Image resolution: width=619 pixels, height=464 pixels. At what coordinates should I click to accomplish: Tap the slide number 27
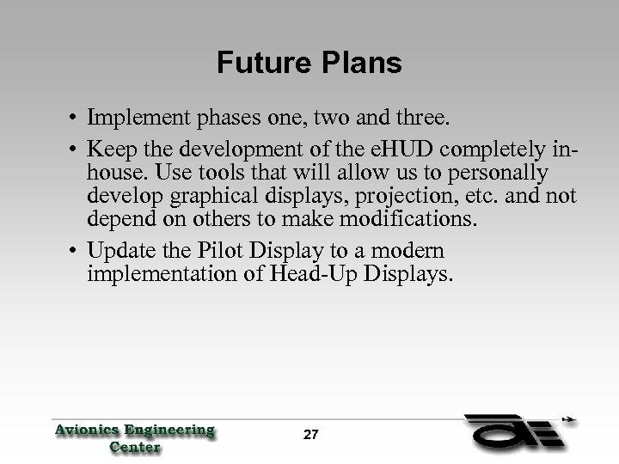point(310,435)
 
